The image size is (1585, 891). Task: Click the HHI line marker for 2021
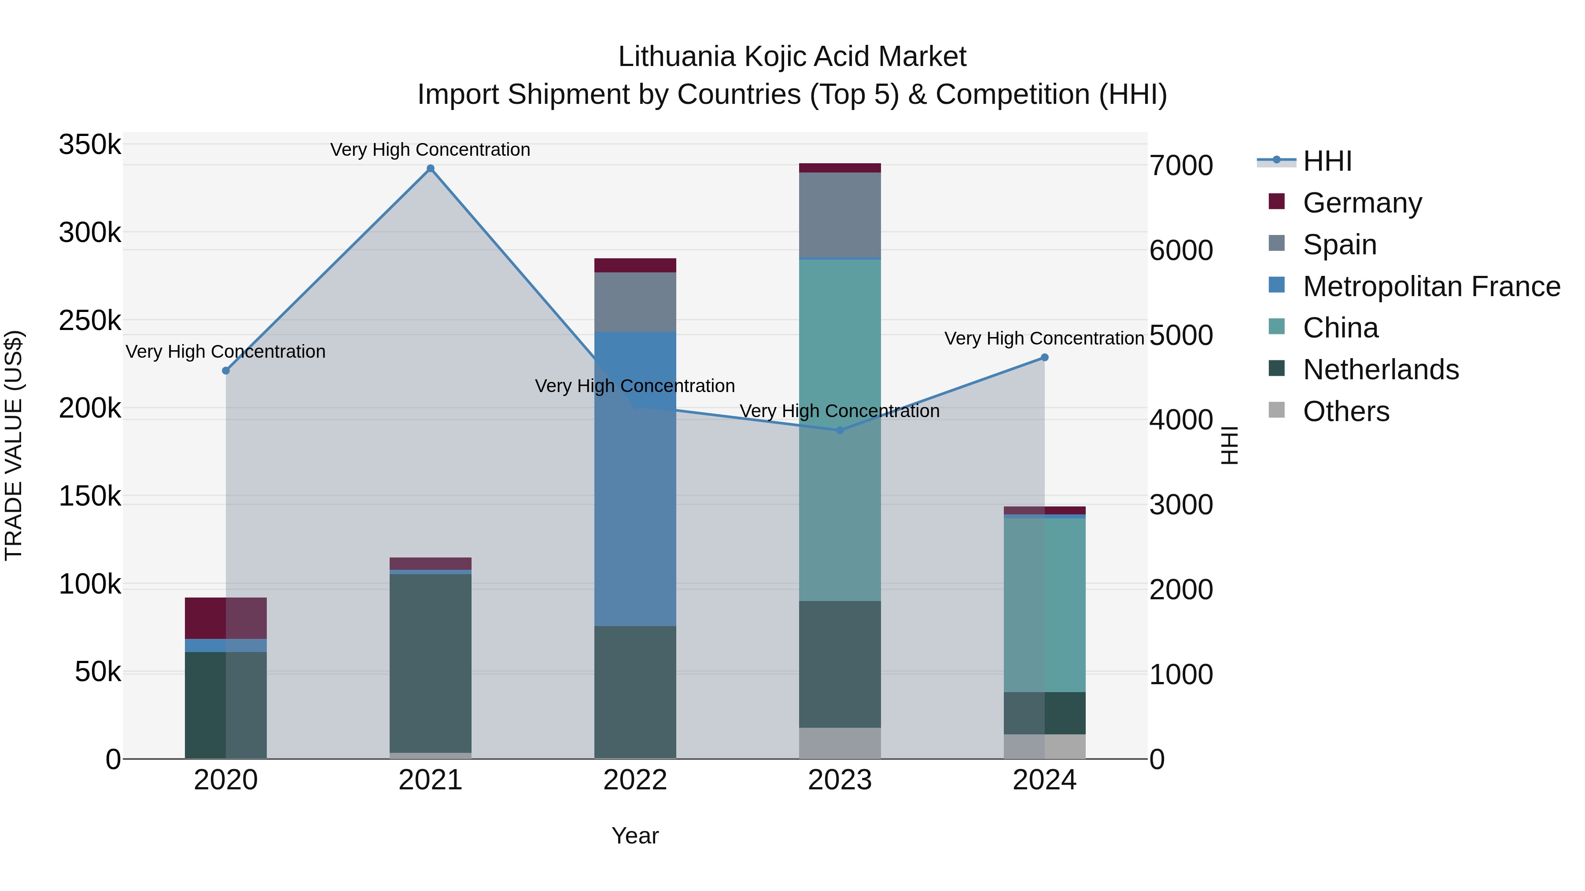(430, 169)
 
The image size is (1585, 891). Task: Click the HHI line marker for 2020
(226, 371)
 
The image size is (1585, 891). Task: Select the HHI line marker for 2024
(1044, 357)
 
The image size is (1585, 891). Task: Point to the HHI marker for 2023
(840, 430)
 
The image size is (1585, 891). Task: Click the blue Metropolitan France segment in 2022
(635, 480)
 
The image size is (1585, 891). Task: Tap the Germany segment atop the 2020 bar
(226, 618)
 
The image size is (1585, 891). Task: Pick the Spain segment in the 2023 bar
(840, 215)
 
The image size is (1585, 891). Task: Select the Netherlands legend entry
(1380, 370)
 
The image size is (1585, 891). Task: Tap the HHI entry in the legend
(1327, 161)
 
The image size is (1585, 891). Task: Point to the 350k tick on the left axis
(90, 145)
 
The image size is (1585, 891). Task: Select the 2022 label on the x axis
(635, 780)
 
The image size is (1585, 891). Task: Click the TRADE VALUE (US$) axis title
(14, 445)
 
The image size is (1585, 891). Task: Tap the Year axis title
(635, 836)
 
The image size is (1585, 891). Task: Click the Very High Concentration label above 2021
(430, 150)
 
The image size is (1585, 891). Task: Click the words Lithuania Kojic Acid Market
(792, 57)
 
